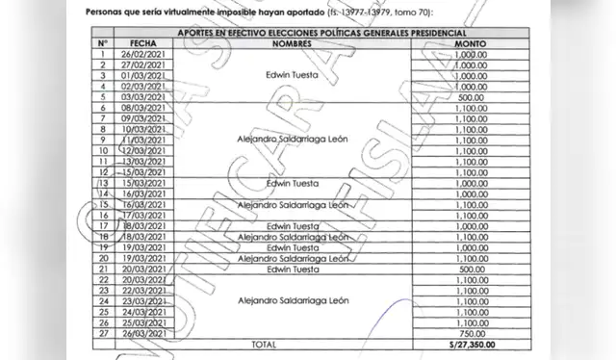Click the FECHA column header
pyautogui.click(x=142, y=43)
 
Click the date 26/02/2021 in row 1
pyautogui.click(x=142, y=54)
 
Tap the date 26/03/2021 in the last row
pyautogui.click(x=142, y=332)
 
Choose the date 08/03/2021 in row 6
pyautogui.click(x=142, y=107)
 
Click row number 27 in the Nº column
pyautogui.click(x=102, y=332)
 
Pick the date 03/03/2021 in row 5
pyautogui.click(x=142, y=96)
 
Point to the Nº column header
pyautogui.click(x=102, y=43)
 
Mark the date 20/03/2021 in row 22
pyautogui.click(x=142, y=279)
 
